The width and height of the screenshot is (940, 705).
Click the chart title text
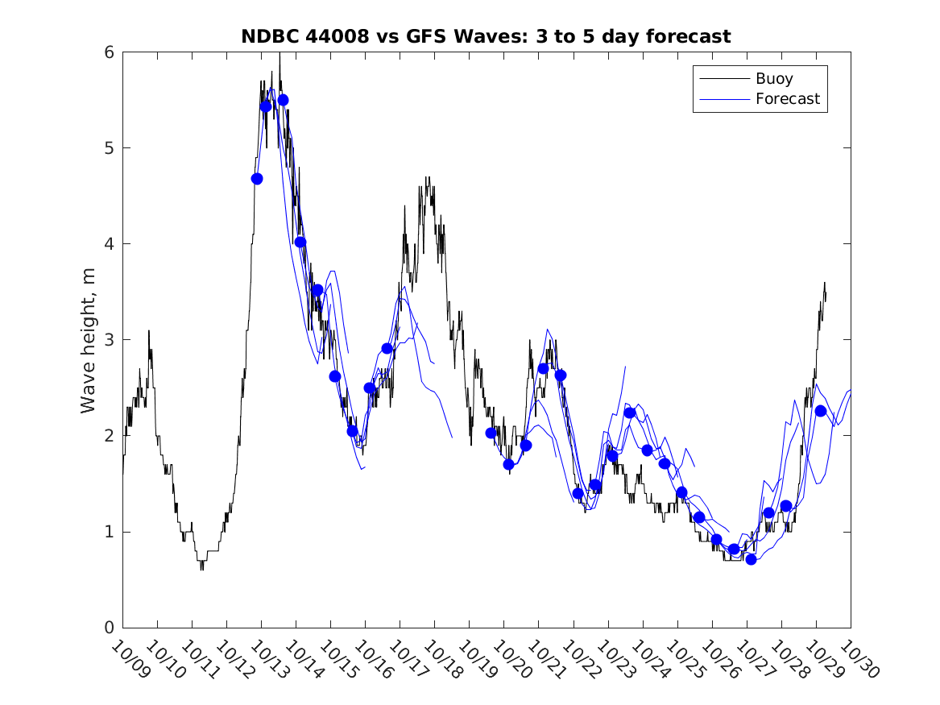pos(486,36)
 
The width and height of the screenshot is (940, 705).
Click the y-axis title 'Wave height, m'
pos(88,341)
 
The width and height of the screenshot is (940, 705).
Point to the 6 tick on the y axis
pos(108,52)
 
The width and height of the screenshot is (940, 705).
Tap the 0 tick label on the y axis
pos(108,628)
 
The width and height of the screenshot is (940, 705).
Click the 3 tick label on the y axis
pos(108,340)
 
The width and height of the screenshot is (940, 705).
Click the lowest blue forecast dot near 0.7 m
pos(751,559)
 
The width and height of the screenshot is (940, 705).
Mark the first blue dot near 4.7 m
pos(257,179)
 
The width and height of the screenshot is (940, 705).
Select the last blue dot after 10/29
pos(820,411)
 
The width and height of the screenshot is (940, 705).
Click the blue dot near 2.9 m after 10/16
pos(387,349)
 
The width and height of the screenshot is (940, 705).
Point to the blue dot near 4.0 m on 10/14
pos(300,242)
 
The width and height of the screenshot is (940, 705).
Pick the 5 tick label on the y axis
pos(108,148)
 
